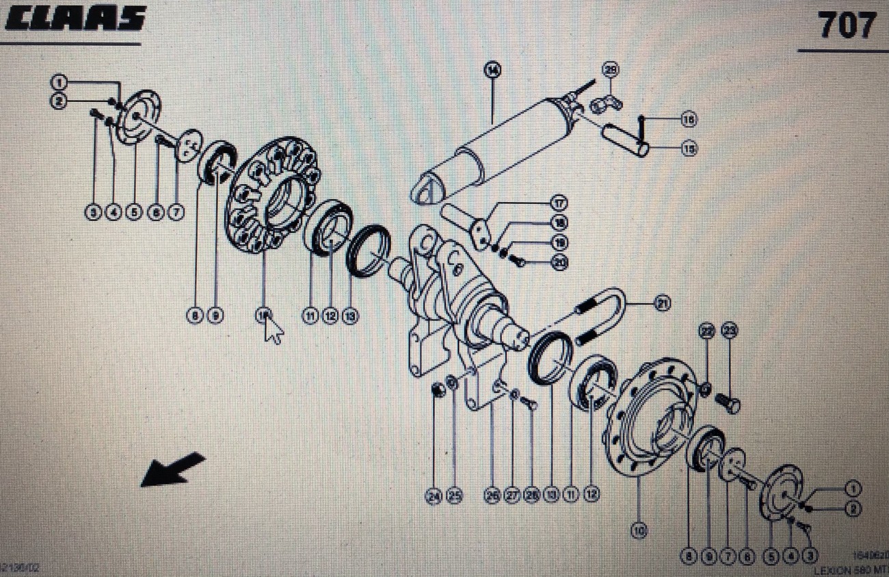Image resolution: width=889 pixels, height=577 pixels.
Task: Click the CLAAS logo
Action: point(76,18)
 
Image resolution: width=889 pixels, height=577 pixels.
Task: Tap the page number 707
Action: point(847,26)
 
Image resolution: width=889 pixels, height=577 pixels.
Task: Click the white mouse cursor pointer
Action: point(274,331)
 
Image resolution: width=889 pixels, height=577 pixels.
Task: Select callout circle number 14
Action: point(492,68)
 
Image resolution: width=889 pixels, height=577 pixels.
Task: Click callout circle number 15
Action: point(689,149)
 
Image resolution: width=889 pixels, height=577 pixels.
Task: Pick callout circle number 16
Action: point(689,120)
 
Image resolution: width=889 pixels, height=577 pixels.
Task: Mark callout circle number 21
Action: point(661,303)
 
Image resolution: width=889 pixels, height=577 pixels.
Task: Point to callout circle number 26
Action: point(492,496)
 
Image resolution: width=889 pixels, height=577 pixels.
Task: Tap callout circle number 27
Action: point(512,496)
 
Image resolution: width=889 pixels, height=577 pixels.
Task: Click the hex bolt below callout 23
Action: point(728,403)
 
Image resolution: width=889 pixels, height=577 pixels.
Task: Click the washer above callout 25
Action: point(452,381)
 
